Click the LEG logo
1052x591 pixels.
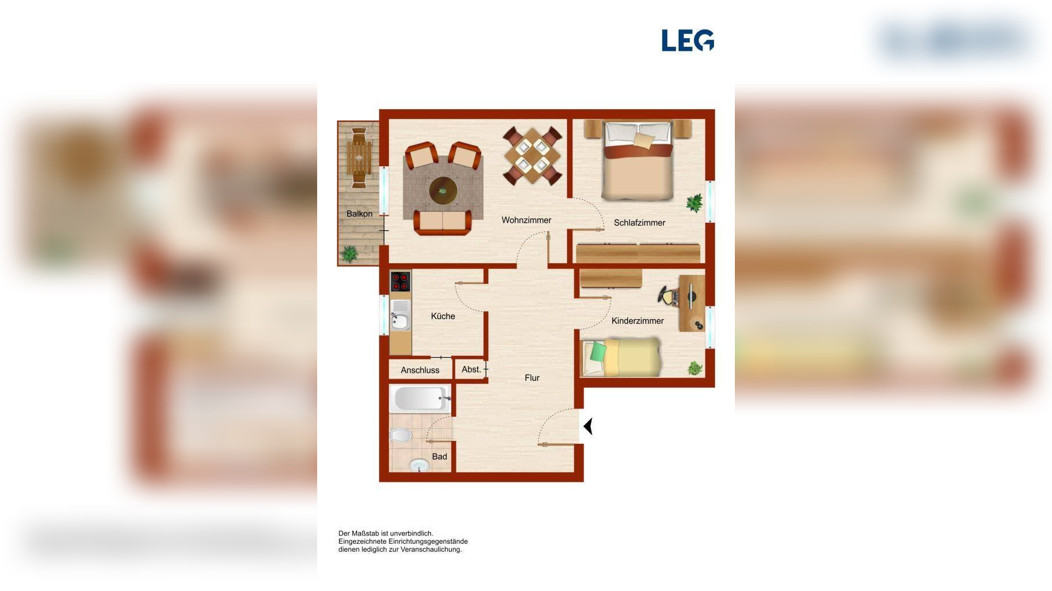(x=687, y=40)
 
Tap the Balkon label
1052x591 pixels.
(x=359, y=214)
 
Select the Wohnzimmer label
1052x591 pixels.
(x=526, y=220)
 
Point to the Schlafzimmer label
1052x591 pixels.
(x=640, y=223)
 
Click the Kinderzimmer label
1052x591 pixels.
(x=638, y=321)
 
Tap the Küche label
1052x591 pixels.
(x=443, y=316)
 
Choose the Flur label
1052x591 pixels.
(x=532, y=378)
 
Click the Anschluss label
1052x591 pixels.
(x=420, y=371)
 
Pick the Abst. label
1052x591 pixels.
(x=471, y=369)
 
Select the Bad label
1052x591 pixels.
(x=440, y=457)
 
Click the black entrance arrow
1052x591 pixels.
(x=588, y=427)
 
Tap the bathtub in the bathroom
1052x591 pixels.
(x=420, y=399)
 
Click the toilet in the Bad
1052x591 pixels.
(x=400, y=435)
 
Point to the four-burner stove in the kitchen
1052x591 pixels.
(x=400, y=282)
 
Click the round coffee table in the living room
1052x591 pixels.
(x=443, y=190)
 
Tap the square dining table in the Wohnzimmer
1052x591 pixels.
(x=532, y=155)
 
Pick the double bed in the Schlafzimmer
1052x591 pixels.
(x=638, y=160)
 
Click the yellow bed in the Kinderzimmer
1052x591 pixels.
(x=621, y=358)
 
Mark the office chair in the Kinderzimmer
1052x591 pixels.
(x=668, y=296)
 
